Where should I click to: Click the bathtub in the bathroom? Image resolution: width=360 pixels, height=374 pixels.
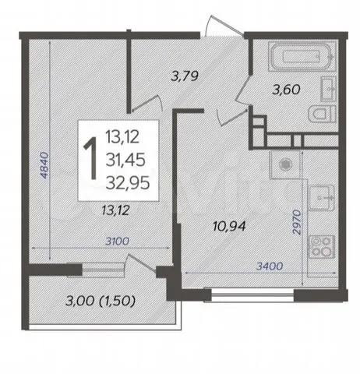[x=302, y=57]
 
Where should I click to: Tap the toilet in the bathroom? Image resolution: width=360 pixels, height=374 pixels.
[x=322, y=113]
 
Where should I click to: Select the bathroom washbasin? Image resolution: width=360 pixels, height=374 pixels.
[x=329, y=89]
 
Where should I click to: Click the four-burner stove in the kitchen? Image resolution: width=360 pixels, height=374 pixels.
[x=321, y=247]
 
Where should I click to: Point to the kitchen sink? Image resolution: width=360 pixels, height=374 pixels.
[x=321, y=197]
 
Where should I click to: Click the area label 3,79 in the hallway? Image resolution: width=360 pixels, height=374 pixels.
[x=185, y=76]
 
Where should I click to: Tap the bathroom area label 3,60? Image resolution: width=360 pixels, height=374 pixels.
[x=286, y=90]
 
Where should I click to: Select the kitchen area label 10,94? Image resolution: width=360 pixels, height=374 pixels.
[x=229, y=226]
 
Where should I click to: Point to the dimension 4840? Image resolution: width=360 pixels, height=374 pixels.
[x=44, y=165]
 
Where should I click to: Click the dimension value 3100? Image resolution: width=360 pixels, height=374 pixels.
[x=117, y=242]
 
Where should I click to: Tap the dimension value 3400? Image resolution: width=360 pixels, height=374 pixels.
[x=270, y=266]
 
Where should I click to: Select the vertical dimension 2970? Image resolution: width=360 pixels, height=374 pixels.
[x=296, y=222]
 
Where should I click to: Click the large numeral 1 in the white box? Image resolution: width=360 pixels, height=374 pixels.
[x=90, y=158]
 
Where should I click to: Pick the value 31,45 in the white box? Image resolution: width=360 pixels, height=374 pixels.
[x=125, y=160]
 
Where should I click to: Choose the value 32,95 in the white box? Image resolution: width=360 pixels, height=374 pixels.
[x=128, y=182]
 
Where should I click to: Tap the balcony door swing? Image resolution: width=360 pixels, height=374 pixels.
[x=142, y=263]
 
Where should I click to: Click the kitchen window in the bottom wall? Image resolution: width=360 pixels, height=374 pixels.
[x=252, y=295]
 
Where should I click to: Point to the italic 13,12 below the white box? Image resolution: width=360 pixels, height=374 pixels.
[x=115, y=210]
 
